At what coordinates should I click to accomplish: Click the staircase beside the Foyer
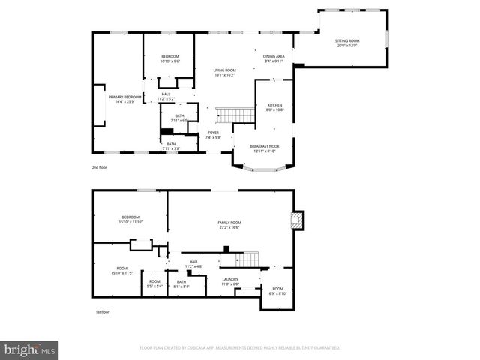226,115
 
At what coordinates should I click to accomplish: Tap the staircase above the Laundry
247,259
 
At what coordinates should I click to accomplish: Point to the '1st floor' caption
102,311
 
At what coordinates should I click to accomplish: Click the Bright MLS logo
30,350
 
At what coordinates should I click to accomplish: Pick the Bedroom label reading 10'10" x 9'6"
170,60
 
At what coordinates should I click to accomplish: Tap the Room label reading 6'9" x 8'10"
277,291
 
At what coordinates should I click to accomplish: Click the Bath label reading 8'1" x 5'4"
181,284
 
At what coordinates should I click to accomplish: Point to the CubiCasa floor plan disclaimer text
240,348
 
